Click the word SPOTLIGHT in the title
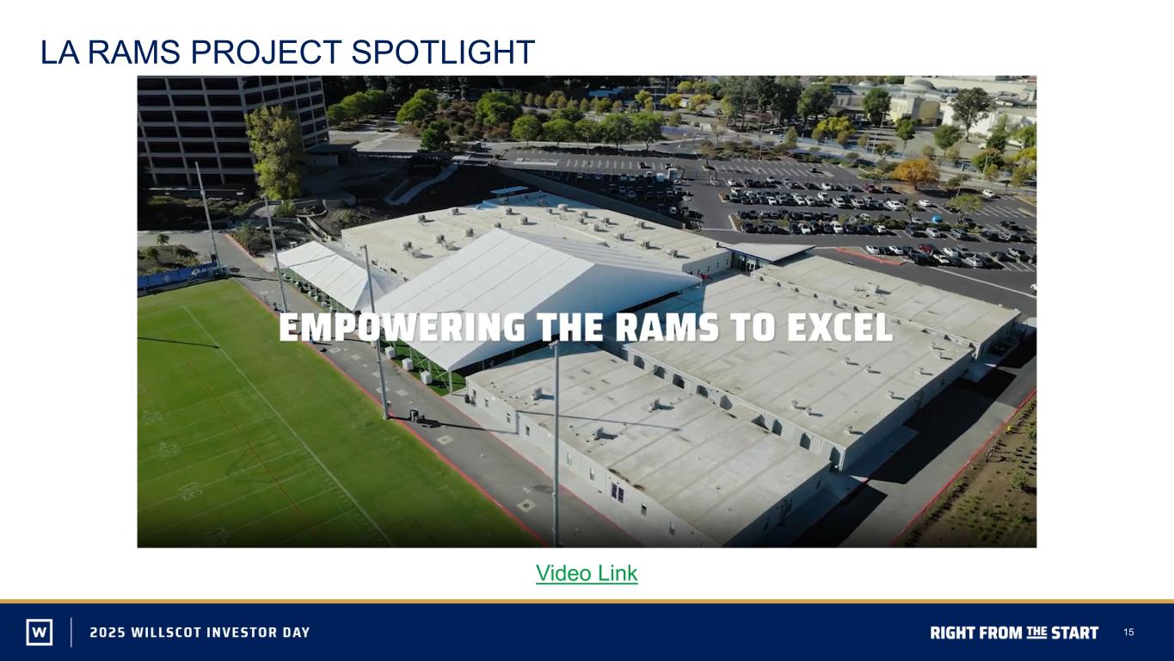tap(443, 52)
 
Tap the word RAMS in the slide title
tap(133, 52)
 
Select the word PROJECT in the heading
tap(266, 52)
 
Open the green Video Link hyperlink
tap(587, 573)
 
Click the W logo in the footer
tap(40, 632)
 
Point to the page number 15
tap(1128, 633)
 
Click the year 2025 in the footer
tap(108, 633)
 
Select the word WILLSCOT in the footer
tap(166, 633)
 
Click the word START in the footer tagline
tap(1075, 633)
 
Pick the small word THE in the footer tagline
tap(1036, 632)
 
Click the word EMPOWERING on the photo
tap(402, 327)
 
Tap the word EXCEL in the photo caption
tap(839, 327)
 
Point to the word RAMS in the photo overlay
tap(667, 327)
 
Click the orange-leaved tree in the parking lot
tap(916, 171)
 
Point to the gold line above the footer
tap(587, 602)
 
